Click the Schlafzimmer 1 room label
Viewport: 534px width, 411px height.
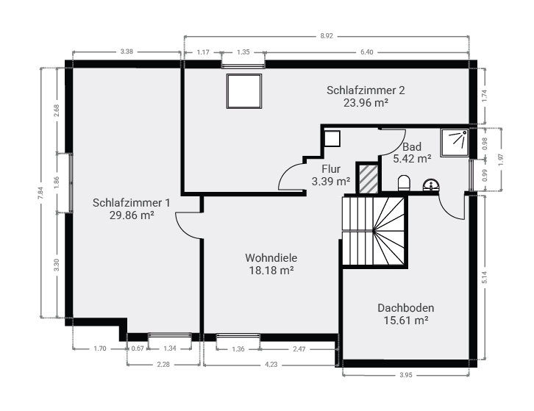pos(131,203)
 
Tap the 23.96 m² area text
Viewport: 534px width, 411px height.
pos(366,102)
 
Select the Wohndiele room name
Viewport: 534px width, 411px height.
pos(271,258)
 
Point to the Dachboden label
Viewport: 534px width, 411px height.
pos(405,308)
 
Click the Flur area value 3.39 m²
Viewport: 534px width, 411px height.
pos(331,181)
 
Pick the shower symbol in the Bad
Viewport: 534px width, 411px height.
pos(455,143)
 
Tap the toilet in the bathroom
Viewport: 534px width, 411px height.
pos(404,183)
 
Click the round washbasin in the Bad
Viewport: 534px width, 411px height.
pos(431,185)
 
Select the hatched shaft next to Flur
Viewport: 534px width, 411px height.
pos(369,179)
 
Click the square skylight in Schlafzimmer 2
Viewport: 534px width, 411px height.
pos(244,91)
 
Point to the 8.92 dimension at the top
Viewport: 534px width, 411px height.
pos(327,36)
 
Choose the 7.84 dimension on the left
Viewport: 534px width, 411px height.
pos(41,193)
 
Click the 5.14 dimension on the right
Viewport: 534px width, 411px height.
pos(485,277)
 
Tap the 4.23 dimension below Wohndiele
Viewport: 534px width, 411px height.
pos(271,365)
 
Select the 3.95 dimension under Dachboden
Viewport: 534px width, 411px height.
pos(405,375)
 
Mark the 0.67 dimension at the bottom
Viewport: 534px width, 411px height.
pos(138,349)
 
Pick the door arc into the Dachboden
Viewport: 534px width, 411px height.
pos(449,209)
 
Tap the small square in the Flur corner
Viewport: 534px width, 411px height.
pos(332,138)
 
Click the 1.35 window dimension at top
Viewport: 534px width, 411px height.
pos(243,52)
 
